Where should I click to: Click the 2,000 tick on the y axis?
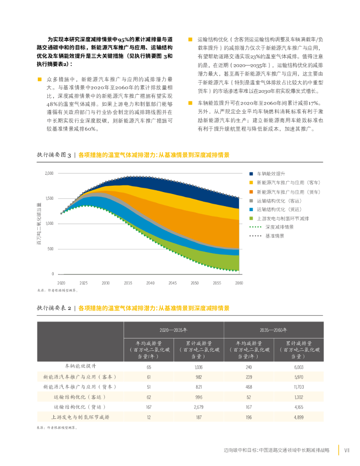coord(50,173)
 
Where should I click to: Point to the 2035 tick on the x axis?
coord(128,283)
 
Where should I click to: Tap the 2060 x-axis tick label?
coord(239,283)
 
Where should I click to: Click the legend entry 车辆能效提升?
coord(271,174)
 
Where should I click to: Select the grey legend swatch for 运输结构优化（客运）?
coord(251,200)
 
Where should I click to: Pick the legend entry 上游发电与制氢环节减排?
coord(283,218)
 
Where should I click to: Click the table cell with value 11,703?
coord(299,387)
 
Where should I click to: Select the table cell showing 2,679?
coord(198,407)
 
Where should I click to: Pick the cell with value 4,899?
coord(299,417)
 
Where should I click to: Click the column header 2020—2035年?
coord(173,329)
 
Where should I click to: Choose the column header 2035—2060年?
coord(274,329)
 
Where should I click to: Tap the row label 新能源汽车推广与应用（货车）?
coord(80,387)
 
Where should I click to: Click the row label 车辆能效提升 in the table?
coord(80,366)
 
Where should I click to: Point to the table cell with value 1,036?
coord(198,367)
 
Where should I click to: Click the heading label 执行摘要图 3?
coord(54,155)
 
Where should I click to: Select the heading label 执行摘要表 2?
coord(54,308)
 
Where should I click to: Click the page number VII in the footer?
coord(346,450)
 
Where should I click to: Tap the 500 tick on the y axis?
coord(51,249)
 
